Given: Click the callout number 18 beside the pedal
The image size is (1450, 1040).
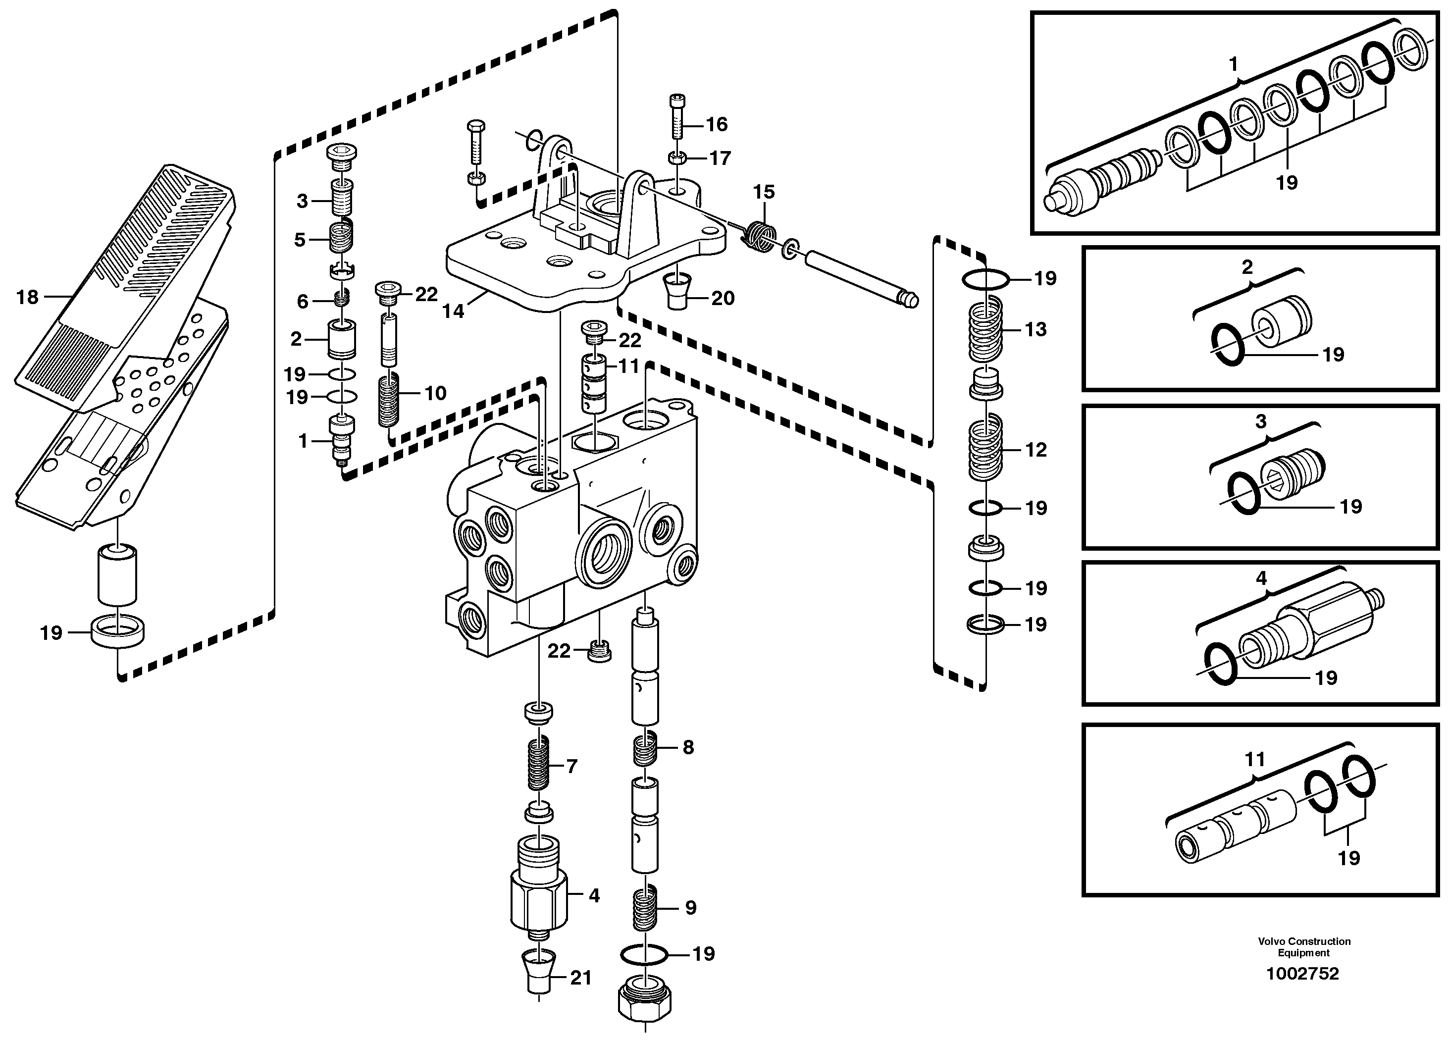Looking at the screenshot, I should (27, 297).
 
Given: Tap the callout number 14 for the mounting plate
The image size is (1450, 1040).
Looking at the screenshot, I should (453, 312).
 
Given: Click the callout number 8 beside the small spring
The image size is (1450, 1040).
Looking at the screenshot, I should (688, 747).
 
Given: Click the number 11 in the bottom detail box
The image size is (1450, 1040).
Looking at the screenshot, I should (1255, 760).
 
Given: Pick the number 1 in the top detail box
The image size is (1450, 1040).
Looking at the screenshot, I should (1233, 64).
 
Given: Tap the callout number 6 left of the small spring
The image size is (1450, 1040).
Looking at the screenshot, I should (303, 301).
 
